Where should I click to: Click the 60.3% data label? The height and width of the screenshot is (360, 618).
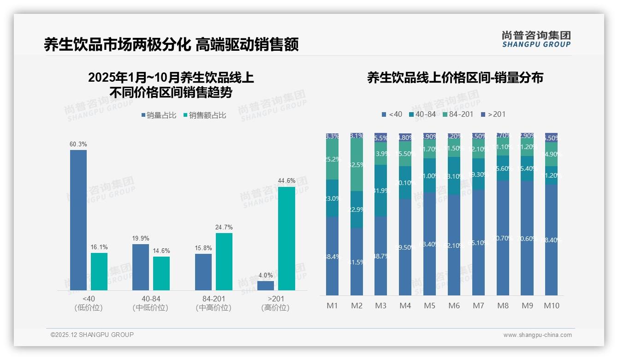(78, 144)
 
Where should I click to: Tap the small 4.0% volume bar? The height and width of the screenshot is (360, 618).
(266, 286)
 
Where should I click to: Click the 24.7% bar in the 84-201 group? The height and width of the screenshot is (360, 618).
(224, 261)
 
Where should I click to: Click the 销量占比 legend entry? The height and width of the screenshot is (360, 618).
(159, 115)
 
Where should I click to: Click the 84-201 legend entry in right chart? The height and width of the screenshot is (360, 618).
(458, 114)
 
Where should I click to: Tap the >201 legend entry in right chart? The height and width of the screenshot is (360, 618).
(493, 114)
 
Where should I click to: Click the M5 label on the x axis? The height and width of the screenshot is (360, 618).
(429, 306)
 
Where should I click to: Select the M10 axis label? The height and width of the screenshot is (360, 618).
(551, 306)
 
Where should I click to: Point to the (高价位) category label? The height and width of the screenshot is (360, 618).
(275, 308)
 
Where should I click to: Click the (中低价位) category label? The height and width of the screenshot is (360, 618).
(150, 308)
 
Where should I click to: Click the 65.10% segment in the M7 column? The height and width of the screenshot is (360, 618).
(478, 242)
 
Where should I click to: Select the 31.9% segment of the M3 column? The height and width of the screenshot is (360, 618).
(380, 191)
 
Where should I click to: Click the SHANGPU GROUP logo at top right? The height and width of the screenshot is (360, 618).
(536, 39)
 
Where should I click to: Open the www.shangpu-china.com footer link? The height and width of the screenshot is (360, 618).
(537, 335)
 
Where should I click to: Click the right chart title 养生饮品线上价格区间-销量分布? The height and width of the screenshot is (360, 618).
(455, 78)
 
